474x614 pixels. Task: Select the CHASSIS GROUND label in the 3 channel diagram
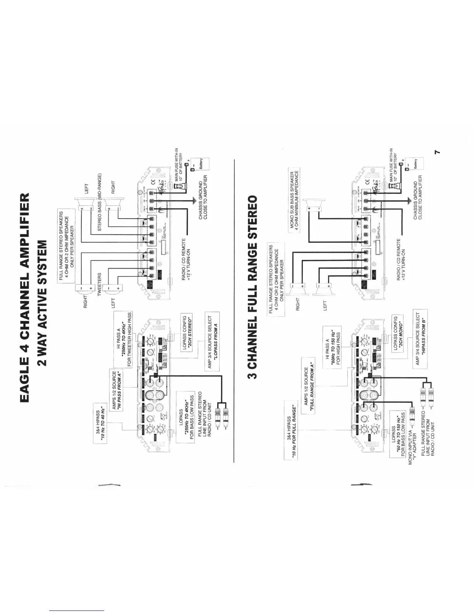point(418,200)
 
